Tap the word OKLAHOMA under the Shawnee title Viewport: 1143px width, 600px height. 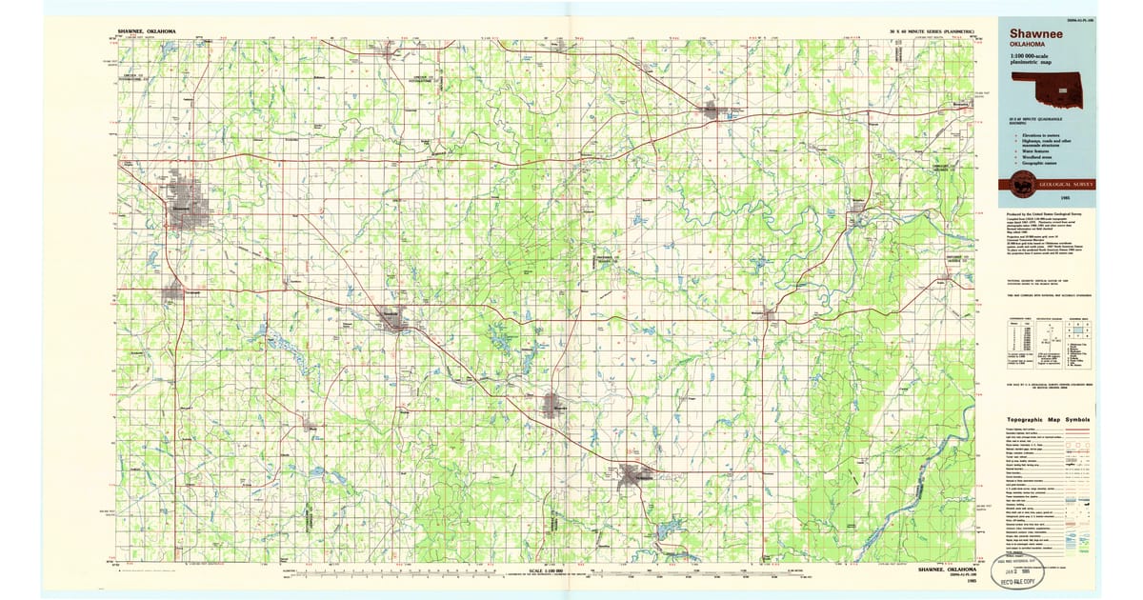[1028, 45]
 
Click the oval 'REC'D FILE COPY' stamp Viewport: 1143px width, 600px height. [1017, 572]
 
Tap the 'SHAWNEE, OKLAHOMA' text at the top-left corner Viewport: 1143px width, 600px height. [146, 31]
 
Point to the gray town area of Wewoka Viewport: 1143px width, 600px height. [557, 407]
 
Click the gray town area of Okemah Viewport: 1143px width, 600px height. [713, 110]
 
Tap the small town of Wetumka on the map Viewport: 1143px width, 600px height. [770, 313]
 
